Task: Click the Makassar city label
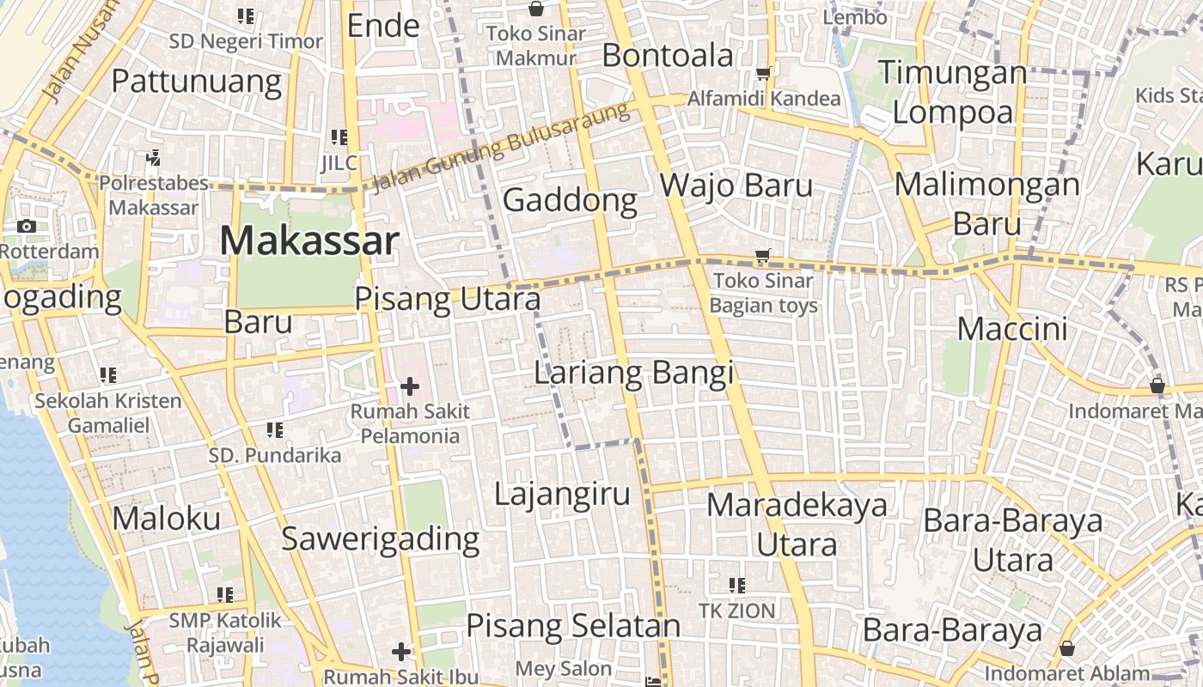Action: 309,241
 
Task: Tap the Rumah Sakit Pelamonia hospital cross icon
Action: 410,386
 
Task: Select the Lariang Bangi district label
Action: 634,374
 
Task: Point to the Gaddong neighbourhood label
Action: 570,200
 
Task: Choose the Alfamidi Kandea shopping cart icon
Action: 763,74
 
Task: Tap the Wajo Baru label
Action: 736,185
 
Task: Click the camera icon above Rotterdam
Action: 27,227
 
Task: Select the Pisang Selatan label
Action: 573,626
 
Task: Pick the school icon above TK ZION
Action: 736,586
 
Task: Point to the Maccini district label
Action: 1012,329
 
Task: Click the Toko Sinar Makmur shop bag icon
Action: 536,9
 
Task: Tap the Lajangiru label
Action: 562,495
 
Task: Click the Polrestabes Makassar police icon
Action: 154,157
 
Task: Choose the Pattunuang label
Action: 197,82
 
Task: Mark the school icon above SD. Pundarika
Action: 275,429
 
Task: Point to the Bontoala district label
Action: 668,56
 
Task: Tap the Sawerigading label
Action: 381,538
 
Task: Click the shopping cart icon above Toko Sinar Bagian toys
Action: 762,256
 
